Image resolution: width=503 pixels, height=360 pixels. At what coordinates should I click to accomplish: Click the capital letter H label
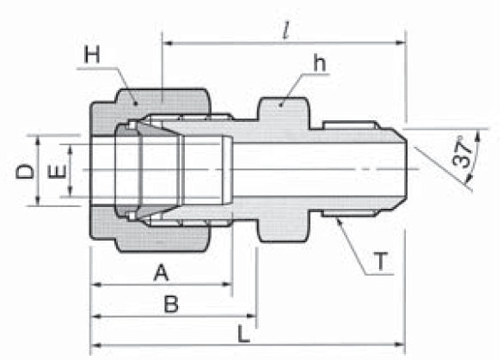[93, 57]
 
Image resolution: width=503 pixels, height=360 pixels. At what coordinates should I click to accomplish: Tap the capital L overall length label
[243, 331]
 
